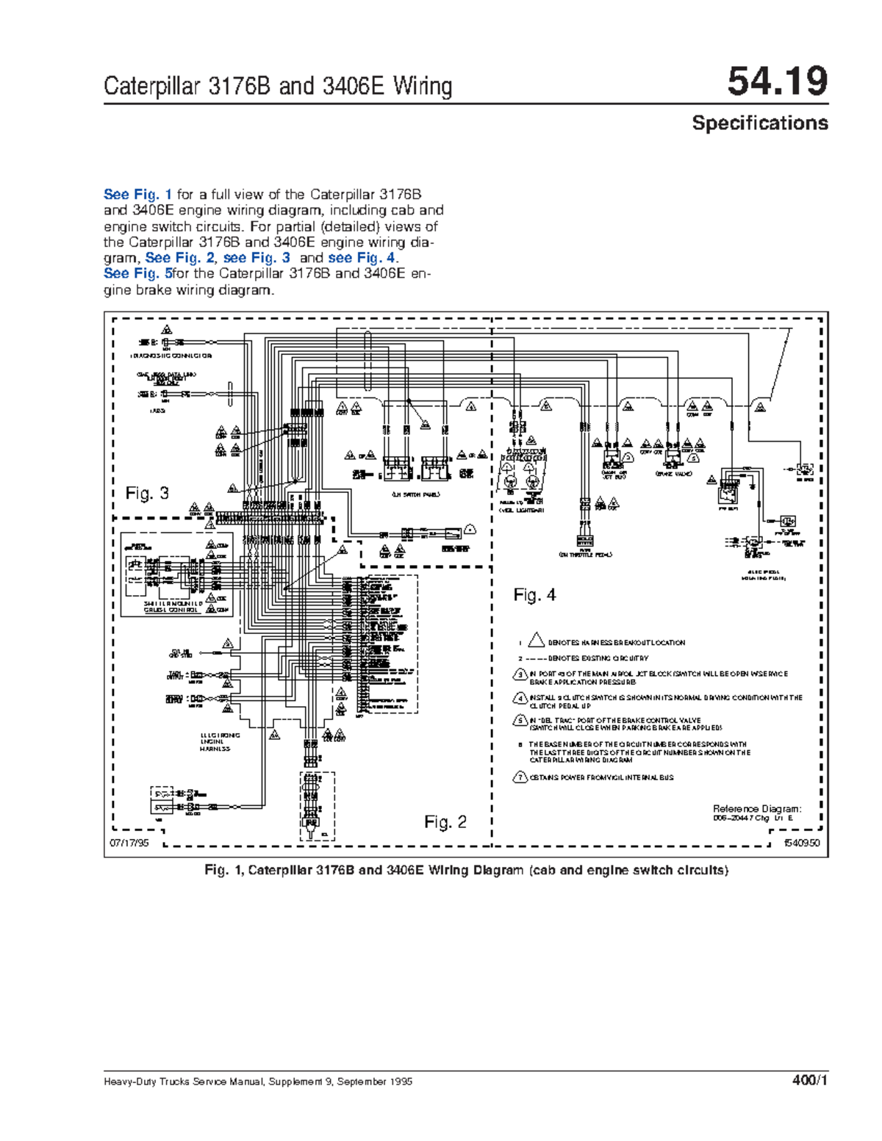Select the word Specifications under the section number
click(x=759, y=123)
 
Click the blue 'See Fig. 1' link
click(x=137, y=195)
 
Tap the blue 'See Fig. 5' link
click(x=137, y=274)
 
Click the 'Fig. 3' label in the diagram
click(x=147, y=493)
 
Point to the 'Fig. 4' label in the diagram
click(x=534, y=595)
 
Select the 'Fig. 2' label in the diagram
click(x=445, y=822)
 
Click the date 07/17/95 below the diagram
click(x=129, y=843)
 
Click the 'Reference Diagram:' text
click(x=757, y=809)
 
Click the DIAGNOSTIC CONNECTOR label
click(x=171, y=356)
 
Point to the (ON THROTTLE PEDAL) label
click(x=585, y=555)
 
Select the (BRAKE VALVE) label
click(x=673, y=475)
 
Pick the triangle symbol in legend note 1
click(x=536, y=641)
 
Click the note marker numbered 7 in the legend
click(x=520, y=777)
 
